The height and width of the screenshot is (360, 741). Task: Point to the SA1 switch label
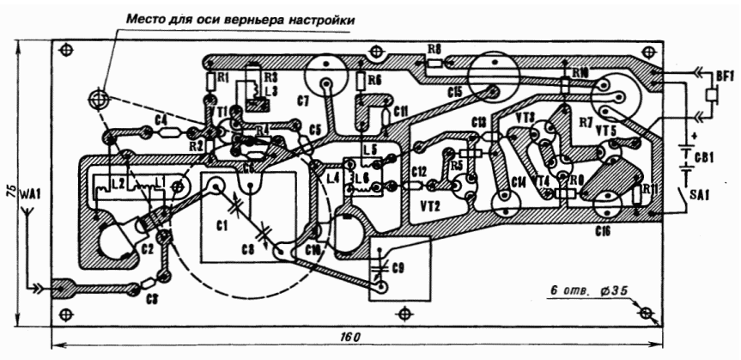[x=705, y=196]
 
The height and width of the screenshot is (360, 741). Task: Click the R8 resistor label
[x=435, y=49]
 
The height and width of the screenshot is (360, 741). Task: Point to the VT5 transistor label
[x=606, y=129]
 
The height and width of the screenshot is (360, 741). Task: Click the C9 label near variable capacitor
[x=397, y=268]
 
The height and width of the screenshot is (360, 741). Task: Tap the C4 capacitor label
[x=161, y=119]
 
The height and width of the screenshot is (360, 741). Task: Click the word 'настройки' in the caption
[x=317, y=18]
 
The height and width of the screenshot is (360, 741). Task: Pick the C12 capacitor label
[x=419, y=171]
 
